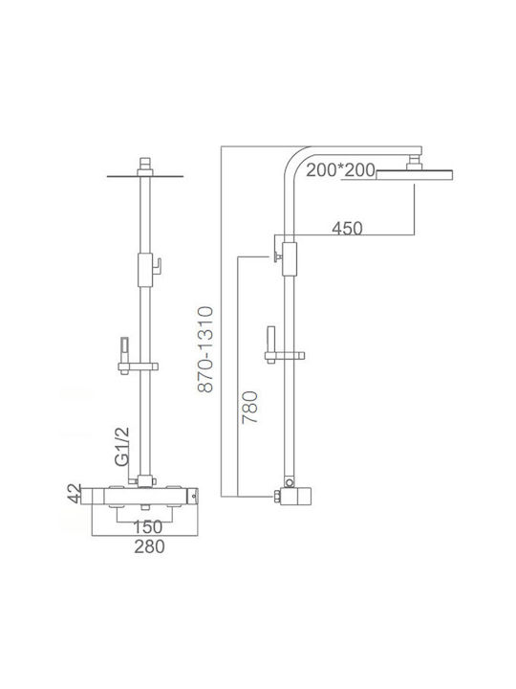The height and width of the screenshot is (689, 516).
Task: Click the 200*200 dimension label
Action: [340, 170]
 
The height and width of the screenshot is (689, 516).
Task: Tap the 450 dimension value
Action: [347, 229]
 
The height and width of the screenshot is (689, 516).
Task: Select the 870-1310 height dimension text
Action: [205, 349]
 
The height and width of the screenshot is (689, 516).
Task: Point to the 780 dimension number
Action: [250, 407]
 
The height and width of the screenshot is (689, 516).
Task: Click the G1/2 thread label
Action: [122, 446]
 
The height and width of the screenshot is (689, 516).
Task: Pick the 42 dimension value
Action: [75, 494]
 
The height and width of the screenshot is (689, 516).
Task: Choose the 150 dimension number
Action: [147, 527]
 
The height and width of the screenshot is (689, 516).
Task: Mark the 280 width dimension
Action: [150, 546]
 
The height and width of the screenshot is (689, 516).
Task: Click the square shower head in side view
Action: [415, 175]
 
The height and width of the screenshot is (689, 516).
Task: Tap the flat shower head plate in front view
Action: [145, 177]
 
